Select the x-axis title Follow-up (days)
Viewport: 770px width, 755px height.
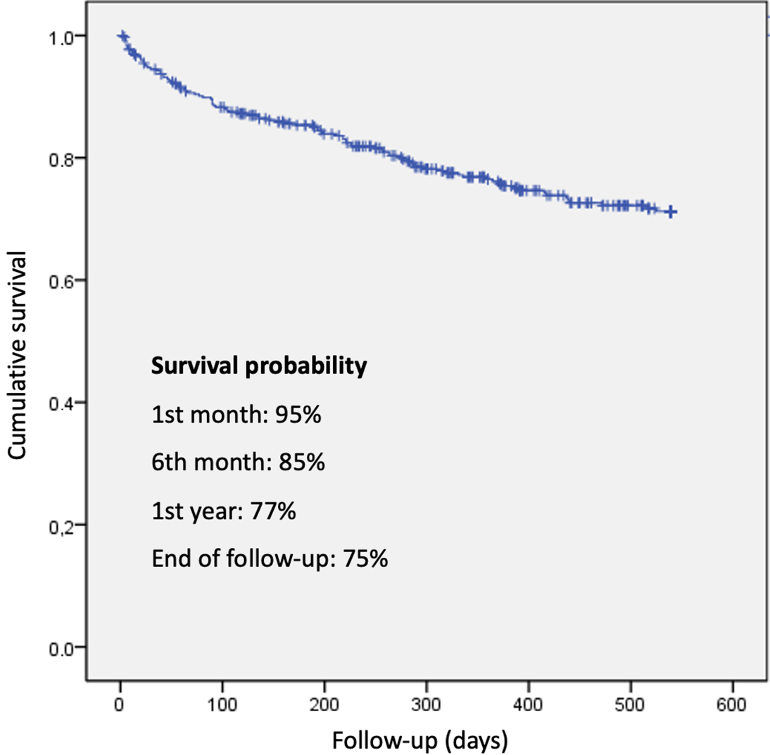point(419,740)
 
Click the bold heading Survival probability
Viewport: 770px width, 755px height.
point(259,368)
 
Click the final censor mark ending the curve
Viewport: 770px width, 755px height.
point(671,211)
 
